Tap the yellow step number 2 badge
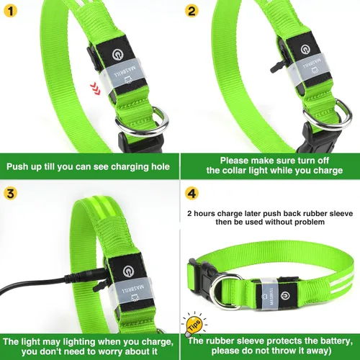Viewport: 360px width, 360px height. point(191,11)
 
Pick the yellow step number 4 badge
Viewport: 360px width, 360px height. point(191,193)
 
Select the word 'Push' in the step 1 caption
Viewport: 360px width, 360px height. point(21,166)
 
